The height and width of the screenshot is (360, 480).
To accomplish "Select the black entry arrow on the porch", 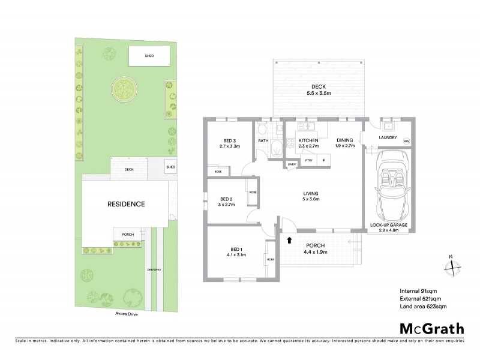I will [x=289, y=240].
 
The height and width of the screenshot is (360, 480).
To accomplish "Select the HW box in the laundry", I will [x=406, y=142].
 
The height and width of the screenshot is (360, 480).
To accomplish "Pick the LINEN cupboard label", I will [x=292, y=164].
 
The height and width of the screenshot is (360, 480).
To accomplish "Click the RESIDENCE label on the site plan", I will [x=126, y=204].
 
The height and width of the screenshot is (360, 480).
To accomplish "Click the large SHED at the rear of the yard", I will [x=149, y=56].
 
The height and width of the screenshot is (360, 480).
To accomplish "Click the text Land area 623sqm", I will [x=423, y=307].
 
